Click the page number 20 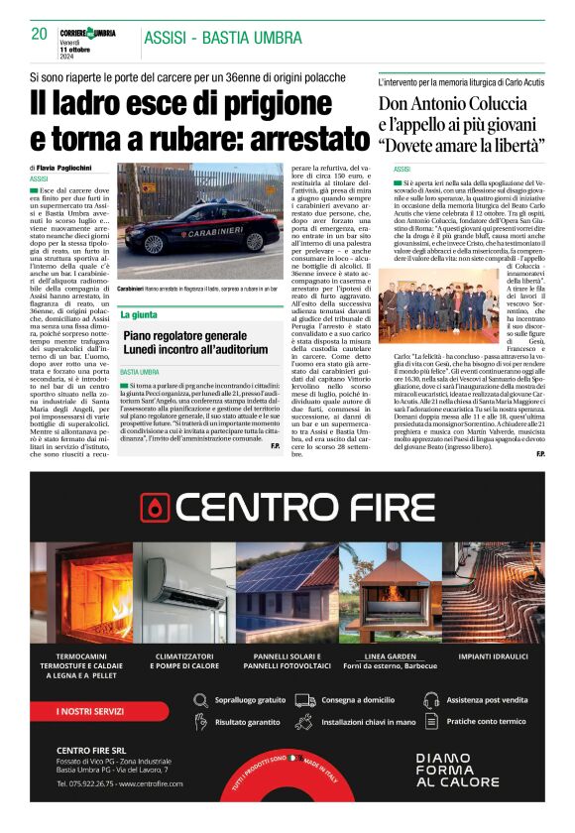click(x=39, y=34)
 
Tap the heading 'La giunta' click(x=139, y=313)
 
